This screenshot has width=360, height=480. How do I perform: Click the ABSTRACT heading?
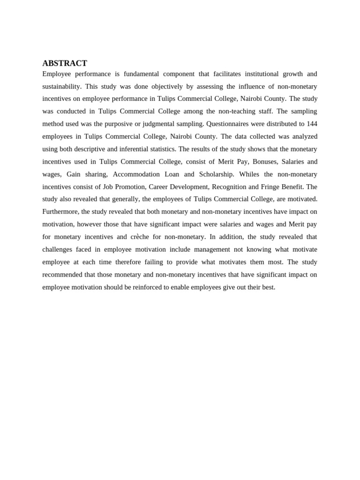coord(65,63)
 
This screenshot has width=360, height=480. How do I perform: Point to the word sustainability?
coord(61,87)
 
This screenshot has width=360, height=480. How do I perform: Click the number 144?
coord(312,124)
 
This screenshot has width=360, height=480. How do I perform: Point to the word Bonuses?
coord(255,162)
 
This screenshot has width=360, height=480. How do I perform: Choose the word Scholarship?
coord(216,174)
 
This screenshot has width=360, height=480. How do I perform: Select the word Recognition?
coord(232,187)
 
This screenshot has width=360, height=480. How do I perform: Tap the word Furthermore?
coord(60,212)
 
